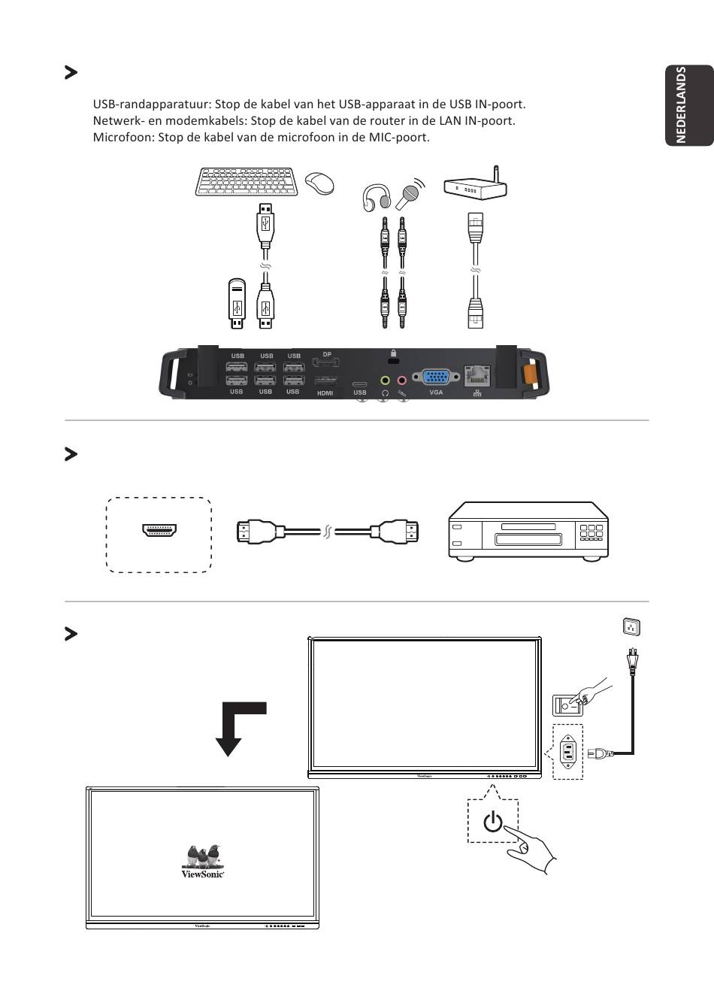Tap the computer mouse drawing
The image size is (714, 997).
(319, 182)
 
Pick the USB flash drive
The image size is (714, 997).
(237, 304)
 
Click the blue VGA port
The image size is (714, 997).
(436, 377)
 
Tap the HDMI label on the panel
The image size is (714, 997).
(325, 393)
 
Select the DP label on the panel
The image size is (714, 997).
(327, 354)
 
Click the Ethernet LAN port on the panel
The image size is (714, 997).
(477, 374)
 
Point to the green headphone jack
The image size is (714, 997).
(385, 381)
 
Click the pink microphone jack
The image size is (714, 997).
(401, 381)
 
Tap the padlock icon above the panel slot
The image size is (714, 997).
(392, 353)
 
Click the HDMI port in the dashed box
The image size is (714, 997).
(159, 530)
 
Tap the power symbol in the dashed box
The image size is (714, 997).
(493, 822)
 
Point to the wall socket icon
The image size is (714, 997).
(631, 626)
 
